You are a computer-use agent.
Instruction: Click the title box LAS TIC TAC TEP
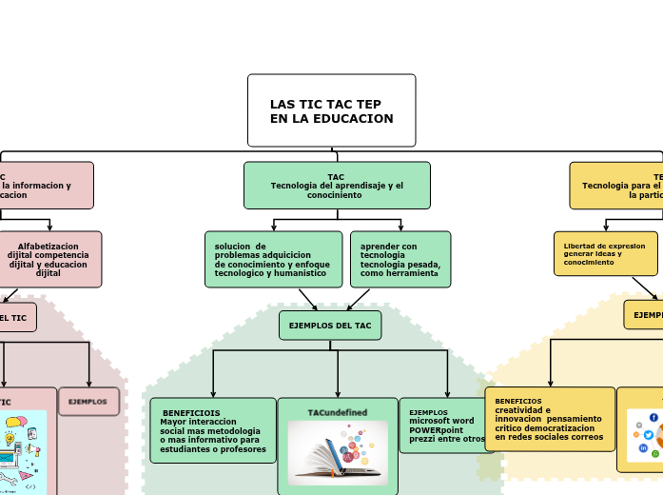click(331, 110)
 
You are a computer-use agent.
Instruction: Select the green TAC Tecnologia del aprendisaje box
click(337, 186)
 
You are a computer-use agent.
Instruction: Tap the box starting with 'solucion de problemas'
click(273, 259)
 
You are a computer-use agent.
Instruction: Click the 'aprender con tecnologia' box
click(400, 259)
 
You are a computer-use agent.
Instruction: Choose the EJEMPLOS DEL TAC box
click(330, 326)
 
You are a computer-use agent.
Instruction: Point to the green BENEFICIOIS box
click(213, 430)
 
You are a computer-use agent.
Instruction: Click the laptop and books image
click(338, 453)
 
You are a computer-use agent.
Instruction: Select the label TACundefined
click(338, 412)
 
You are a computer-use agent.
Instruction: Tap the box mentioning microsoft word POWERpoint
click(445, 426)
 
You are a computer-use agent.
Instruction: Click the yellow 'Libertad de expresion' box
click(605, 253)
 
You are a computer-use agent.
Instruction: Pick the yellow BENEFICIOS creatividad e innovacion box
click(550, 419)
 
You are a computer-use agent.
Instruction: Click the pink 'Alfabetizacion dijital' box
click(49, 259)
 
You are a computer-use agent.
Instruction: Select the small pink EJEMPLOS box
click(88, 402)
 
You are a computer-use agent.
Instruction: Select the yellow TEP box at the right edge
click(623, 186)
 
